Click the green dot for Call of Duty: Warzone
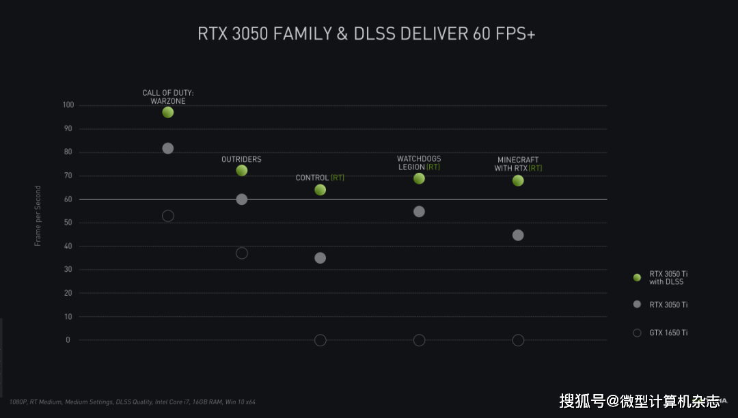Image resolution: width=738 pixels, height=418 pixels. pyautogui.click(x=168, y=113)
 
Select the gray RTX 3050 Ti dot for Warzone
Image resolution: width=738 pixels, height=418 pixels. pyautogui.click(x=168, y=149)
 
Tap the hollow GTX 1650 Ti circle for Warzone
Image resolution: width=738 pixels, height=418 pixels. pyautogui.click(x=168, y=216)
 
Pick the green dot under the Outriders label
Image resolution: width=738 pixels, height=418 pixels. pyautogui.click(x=242, y=171)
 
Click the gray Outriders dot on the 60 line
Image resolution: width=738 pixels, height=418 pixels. pyautogui.click(x=242, y=199)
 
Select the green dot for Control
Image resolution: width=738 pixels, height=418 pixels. pyautogui.click(x=320, y=190)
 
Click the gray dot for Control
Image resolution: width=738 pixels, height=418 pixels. pyautogui.click(x=320, y=258)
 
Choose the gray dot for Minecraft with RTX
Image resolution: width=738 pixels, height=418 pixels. pyautogui.click(x=518, y=235)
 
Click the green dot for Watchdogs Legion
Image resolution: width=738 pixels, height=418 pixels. pyautogui.click(x=420, y=179)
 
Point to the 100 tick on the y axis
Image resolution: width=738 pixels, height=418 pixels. pyautogui.click(x=68, y=105)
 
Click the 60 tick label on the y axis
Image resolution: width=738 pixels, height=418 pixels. pyautogui.click(x=68, y=199)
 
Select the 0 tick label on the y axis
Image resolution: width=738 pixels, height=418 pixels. pyautogui.click(x=68, y=340)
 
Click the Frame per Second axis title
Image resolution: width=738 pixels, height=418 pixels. pyautogui.click(x=38, y=216)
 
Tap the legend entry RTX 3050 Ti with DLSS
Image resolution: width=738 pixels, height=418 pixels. pyautogui.click(x=661, y=278)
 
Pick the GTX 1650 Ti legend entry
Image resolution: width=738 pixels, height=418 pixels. pyautogui.click(x=661, y=333)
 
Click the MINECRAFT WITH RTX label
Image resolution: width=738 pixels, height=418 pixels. pyautogui.click(x=518, y=164)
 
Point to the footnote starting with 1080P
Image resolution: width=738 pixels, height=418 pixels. pyautogui.click(x=133, y=402)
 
